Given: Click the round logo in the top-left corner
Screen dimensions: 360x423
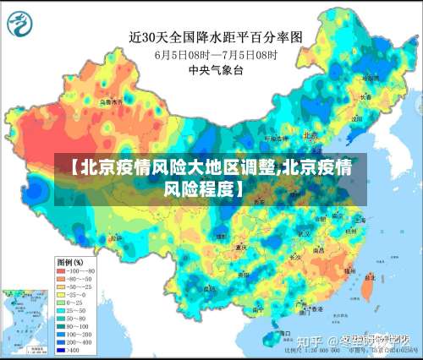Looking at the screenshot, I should pyautogui.click(x=19, y=25).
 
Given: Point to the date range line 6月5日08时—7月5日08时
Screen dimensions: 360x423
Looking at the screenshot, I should pyautogui.click(x=215, y=55).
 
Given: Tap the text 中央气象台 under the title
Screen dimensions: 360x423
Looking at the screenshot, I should pyautogui.click(x=215, y=71).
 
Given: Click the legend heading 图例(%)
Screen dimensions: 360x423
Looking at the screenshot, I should pyautogui.click(x=69, y=263).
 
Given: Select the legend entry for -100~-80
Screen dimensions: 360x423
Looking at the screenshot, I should pyautogui.click(x=75, y=271).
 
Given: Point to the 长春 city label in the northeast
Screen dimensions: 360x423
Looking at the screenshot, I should pyautogui.click(x=365, y=97).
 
